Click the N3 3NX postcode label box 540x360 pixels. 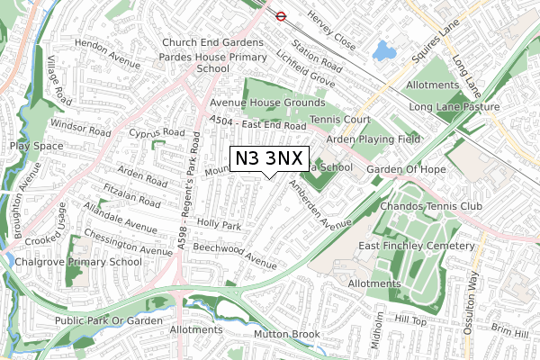click(x=270, y=159)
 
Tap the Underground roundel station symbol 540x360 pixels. click(x=281, y=15)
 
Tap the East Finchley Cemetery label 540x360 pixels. click(x=416, y=246)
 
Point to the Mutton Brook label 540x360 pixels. click(x=286, y=335)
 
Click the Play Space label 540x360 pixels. click(x=36, y=145)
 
